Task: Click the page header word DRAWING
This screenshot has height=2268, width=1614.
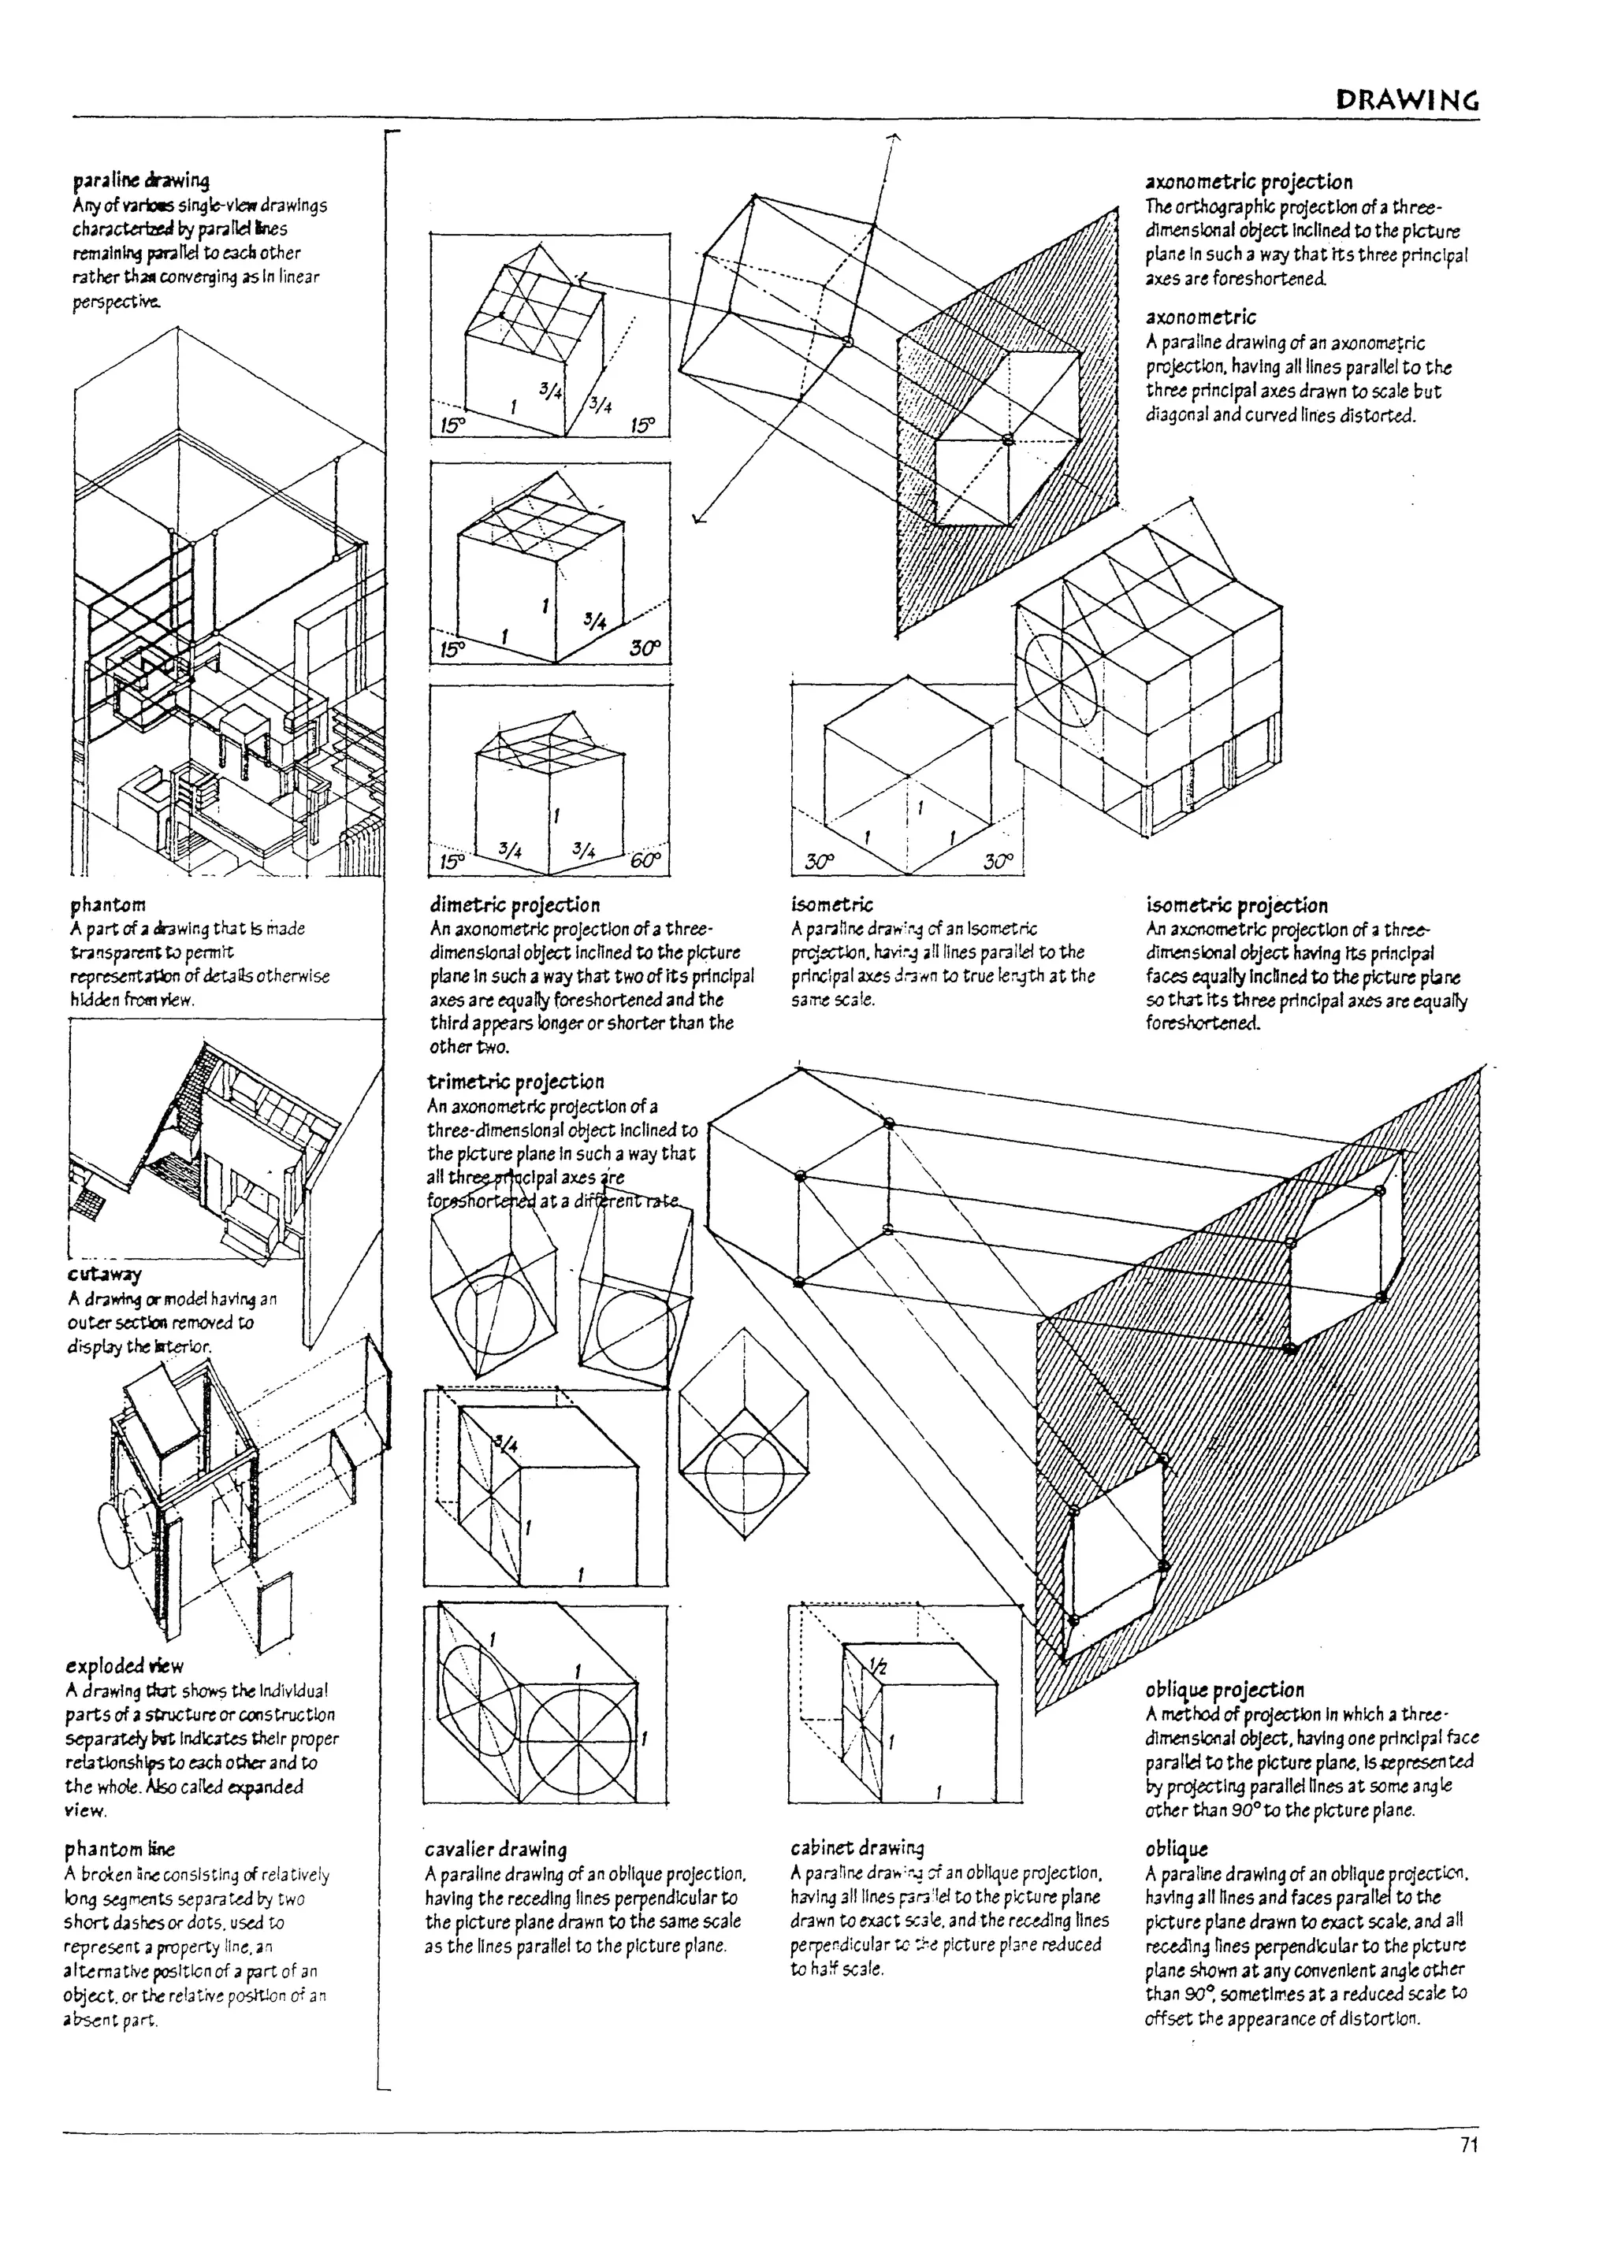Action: coord(1408,100)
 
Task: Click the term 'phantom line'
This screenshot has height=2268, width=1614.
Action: coord(119,1849)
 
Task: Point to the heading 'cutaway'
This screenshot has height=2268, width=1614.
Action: coord(104,1274)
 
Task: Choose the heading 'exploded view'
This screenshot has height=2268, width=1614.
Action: coord(125,1666)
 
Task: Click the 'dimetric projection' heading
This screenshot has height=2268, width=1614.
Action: coord(515,905)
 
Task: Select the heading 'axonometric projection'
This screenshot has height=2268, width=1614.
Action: coord(1248,182)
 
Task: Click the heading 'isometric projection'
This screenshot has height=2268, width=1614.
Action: coord(1237,905)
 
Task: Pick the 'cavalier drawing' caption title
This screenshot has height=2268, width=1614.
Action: coord(495,1849)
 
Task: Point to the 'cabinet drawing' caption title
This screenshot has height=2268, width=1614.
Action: coord(857,1848)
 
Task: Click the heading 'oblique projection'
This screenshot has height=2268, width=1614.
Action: coord(1225,1690)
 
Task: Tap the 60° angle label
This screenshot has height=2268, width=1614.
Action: coord(644,860)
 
